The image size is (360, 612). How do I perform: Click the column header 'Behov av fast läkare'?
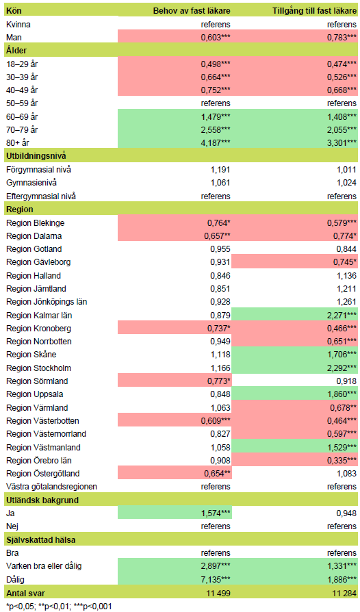[x=191, y=11]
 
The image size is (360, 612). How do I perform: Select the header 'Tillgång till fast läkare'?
[x=311, y=11]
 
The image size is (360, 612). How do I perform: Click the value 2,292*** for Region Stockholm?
[x=341, y=368]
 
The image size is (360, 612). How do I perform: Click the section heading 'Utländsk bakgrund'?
[x=40, y=500]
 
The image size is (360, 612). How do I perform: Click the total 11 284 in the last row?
[x=342, y=591]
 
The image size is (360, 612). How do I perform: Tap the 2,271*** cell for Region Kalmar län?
[x=341, y=315]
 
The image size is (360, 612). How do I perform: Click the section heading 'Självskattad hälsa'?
[x=39, y=539]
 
